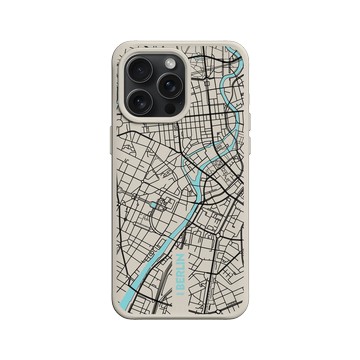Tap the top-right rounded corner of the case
[x=241, y=50]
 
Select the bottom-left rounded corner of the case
[x=117, y=312]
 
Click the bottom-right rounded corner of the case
[x=241, y=312]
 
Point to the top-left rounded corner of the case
[x=117, y=50]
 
